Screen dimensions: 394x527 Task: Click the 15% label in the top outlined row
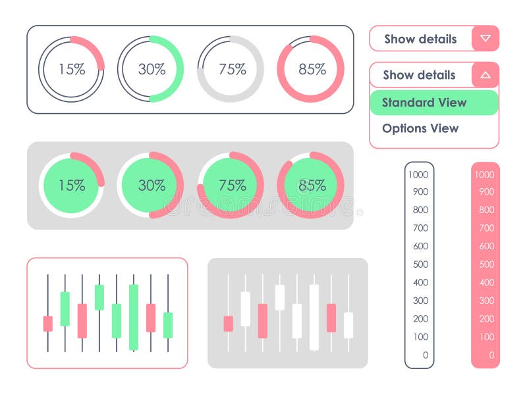71,69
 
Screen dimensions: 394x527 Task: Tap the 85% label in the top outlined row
312,69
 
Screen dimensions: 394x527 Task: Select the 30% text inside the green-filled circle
152,185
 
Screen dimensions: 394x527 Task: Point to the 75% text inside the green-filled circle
232,185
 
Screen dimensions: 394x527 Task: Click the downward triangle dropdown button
485,38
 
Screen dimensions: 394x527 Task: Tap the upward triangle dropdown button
485,75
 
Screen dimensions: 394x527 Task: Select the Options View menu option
420,128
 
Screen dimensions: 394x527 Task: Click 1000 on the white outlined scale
418,174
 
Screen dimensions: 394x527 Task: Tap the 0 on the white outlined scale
425,355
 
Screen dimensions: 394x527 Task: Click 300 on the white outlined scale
420,301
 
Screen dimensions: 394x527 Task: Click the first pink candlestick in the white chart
47,324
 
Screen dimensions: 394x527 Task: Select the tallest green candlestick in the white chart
134,317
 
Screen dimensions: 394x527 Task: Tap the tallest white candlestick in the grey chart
314,317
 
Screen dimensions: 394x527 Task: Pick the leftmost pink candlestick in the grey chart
228,324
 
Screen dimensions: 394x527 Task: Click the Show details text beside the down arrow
420,39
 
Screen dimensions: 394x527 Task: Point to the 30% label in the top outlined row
152,69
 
